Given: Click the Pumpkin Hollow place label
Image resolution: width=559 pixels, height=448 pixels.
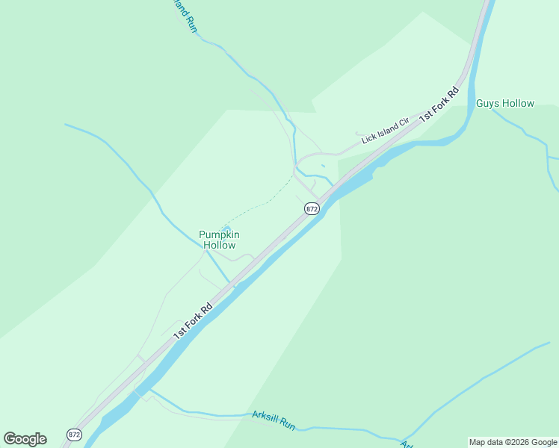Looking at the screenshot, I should click(217, 240).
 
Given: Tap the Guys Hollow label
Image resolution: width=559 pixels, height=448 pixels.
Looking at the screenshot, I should click(505, 104).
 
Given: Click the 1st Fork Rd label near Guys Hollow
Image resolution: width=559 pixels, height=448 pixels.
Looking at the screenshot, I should click(439, 105).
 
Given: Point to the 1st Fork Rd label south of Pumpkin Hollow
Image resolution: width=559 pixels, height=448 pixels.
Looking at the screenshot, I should click(193, 320).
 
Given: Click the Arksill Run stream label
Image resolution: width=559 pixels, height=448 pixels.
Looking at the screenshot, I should click(274, 420).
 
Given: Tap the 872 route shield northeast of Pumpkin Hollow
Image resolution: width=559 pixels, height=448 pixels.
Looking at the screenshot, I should click(312, 209).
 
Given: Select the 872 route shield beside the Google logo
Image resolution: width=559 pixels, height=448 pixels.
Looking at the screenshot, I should click(73, 435).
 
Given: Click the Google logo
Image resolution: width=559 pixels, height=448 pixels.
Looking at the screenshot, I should click(25, 439).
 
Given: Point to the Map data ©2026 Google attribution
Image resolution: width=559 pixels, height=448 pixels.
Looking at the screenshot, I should click(513, 442).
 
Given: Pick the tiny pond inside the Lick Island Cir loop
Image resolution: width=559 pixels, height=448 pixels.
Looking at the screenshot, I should click(323, 166).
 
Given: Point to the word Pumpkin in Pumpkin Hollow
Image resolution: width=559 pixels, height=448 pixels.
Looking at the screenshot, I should click(217, 234).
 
